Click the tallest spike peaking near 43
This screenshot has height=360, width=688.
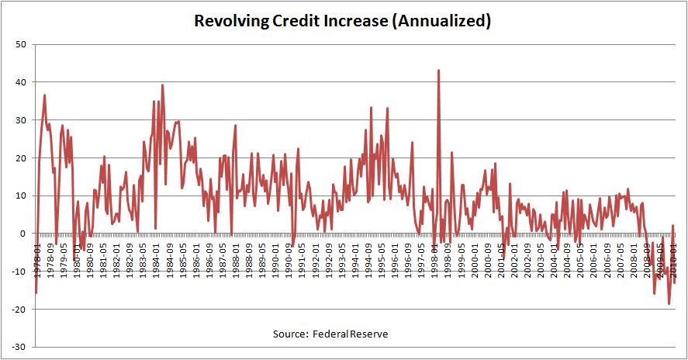coord(439,71)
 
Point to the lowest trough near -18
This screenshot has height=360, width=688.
coord(669,303)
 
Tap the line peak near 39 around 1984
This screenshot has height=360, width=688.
coord(162,85)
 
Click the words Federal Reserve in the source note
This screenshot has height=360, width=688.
coord(351,334)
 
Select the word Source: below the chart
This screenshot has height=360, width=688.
coord(291,334)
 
